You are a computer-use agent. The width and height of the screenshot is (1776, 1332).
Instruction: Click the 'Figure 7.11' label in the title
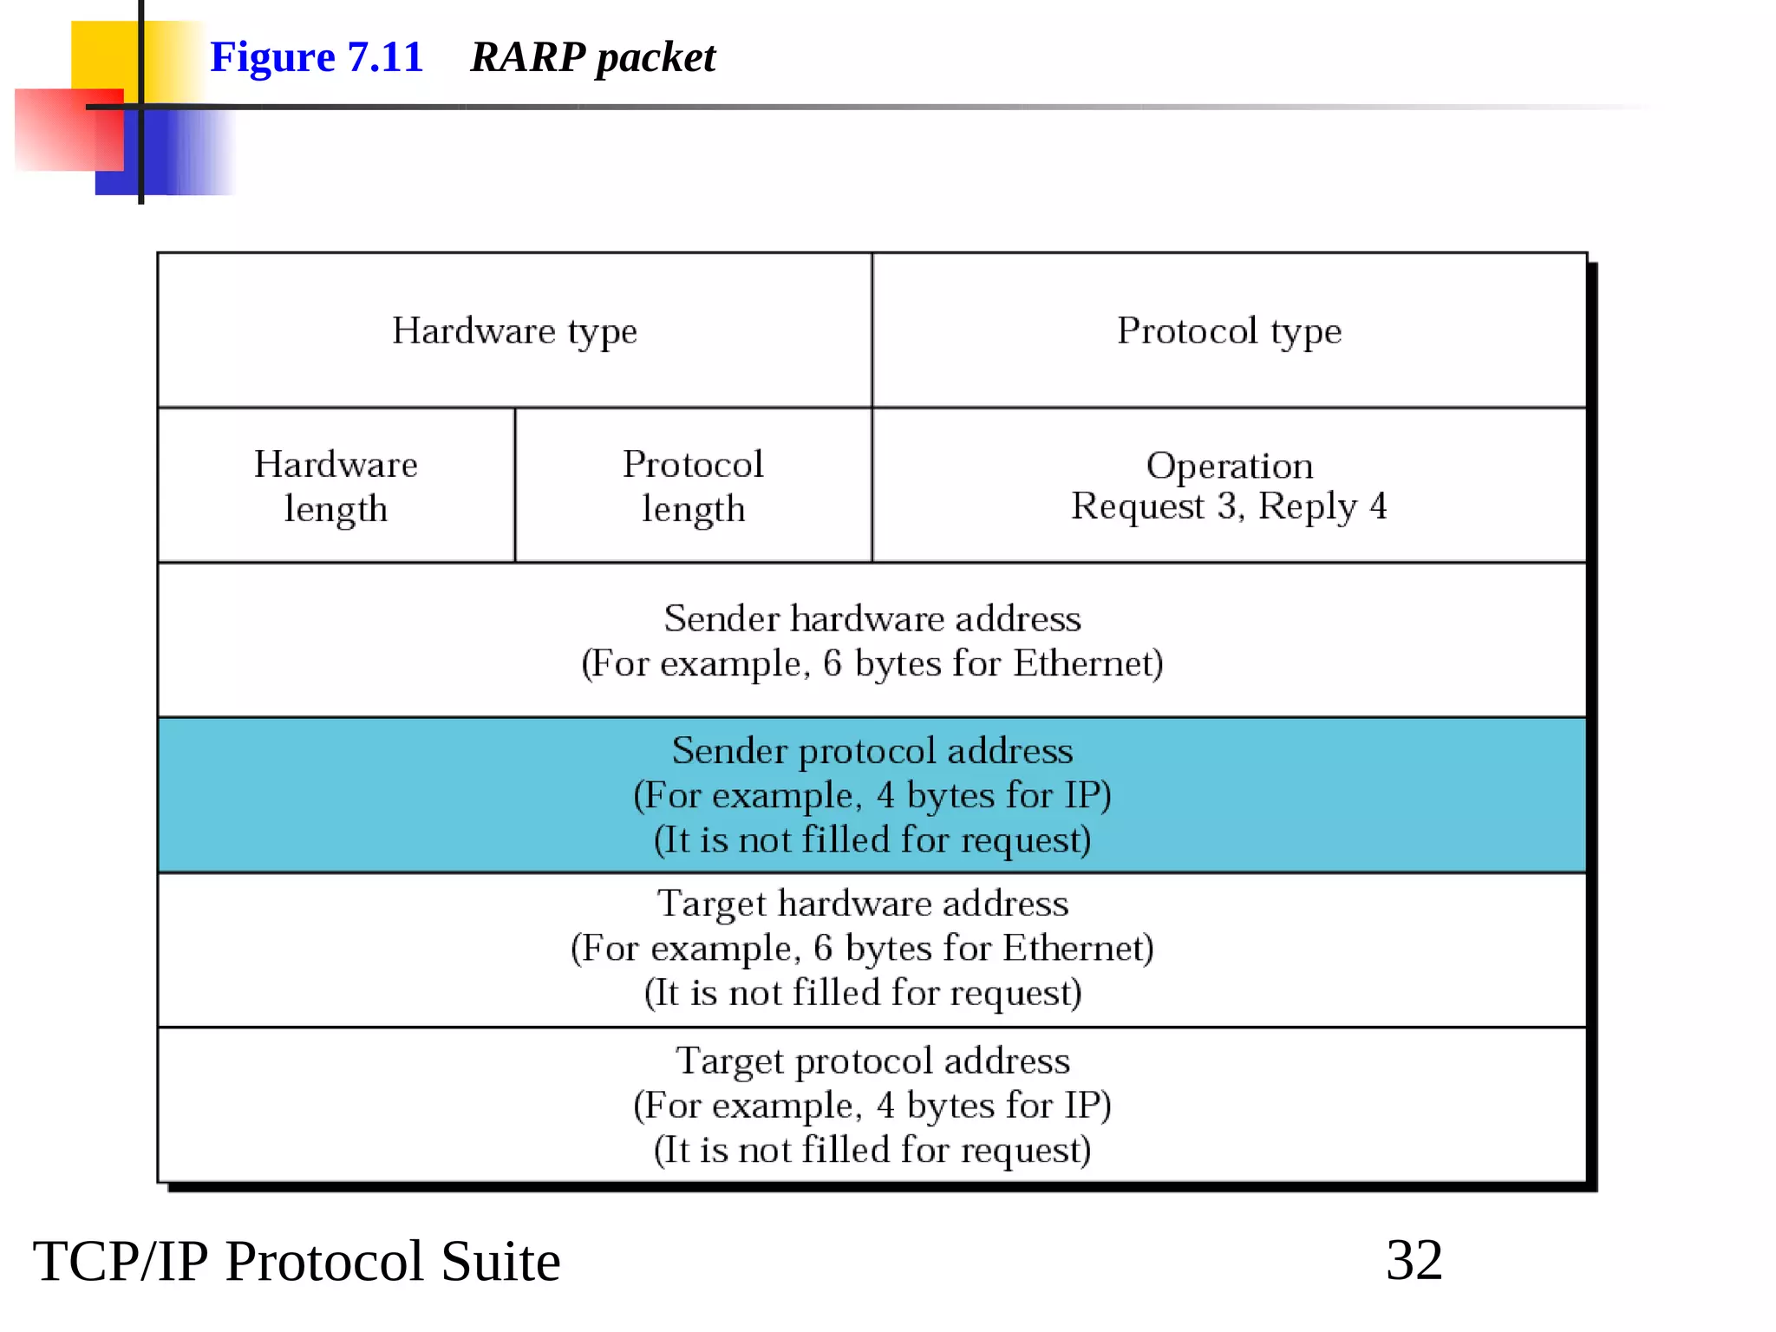pos(317,57)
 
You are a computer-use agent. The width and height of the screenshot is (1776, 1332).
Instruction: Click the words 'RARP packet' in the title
pos(592,57)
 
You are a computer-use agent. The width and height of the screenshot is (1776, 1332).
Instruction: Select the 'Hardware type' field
pos(514,330)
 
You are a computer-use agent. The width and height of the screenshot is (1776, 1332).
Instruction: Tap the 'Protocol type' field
pos(1229,330)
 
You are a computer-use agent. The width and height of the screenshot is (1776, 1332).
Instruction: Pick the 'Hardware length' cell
pos(336,486)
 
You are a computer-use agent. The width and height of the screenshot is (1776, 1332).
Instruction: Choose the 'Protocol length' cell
pos(693,486)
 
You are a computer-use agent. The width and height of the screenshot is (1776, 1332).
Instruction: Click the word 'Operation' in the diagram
pos(1229,466)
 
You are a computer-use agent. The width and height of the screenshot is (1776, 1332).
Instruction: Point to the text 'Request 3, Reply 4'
pos(1229,506)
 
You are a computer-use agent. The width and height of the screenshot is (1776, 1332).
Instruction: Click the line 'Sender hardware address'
pos(872,618)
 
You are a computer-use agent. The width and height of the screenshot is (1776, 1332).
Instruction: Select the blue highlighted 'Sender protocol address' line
pos(872,750)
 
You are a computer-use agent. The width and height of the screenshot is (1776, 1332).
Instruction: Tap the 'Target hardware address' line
pos(863,904)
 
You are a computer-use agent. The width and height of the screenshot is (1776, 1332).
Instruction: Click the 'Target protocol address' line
pos(872,1061)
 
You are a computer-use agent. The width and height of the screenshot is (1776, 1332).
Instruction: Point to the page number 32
pos(1414,1260)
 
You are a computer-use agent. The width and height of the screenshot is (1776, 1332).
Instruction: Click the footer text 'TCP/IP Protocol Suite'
pos(297,1261)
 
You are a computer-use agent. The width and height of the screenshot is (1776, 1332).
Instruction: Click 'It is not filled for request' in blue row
pos(872,840)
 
